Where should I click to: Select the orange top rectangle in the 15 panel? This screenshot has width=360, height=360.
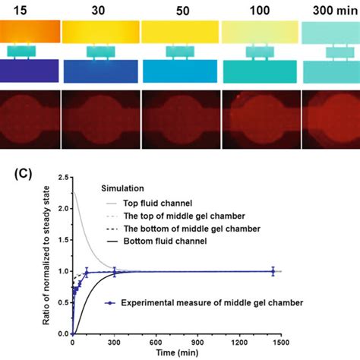tap(29, 31)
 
